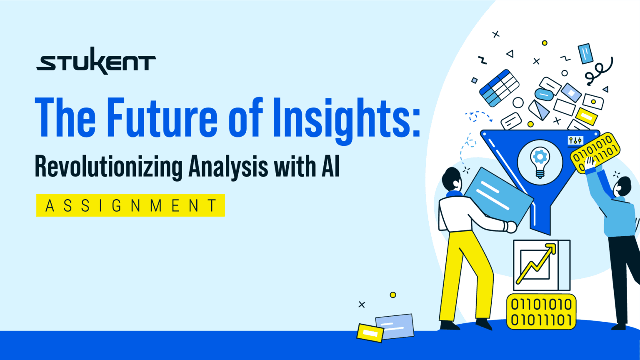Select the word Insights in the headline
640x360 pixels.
tap(346, 118)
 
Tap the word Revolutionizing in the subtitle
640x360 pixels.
tap(108, 167)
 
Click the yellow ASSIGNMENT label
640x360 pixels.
tap(130, 205)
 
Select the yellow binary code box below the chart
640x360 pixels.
tap(541, 312)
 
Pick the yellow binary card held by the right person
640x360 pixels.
tap(595, 152)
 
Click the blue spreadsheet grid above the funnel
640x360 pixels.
tap(499, 87)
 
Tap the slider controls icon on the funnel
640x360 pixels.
tap(575, 141)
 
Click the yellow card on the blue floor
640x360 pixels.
tap(370, 332)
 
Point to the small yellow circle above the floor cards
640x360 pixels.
tap(392, 295)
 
